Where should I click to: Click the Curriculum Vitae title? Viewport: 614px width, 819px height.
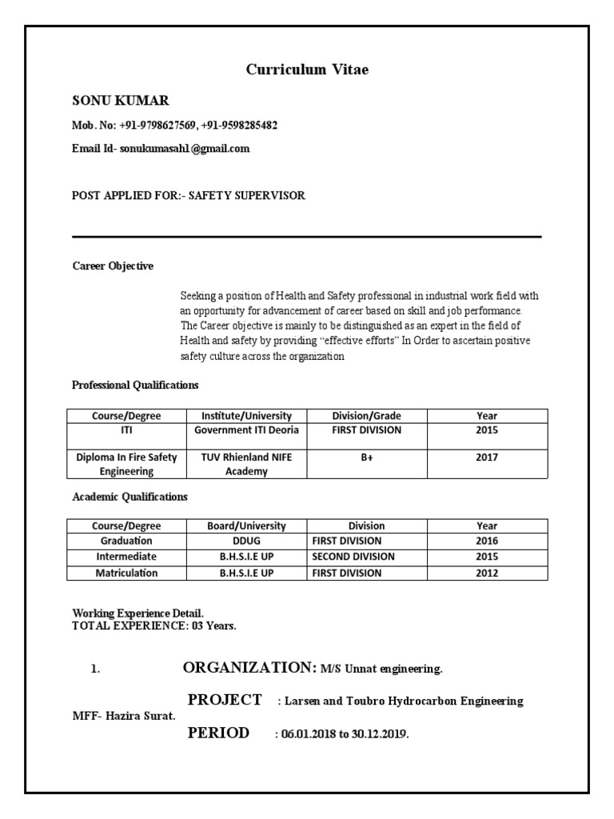307,70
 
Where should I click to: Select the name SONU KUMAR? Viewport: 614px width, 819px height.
121,101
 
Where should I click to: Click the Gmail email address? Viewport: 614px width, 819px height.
185,149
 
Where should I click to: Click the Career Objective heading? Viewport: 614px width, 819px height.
113,266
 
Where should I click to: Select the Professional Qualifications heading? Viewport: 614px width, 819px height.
135,386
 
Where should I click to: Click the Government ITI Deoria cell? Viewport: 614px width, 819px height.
246,430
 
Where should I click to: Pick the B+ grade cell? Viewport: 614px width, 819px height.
367,457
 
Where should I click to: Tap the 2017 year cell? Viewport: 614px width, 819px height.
487,457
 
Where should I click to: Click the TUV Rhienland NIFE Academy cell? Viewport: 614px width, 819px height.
246,465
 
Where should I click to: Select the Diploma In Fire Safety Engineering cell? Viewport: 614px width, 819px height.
126,465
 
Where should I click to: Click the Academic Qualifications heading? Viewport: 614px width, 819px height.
130,497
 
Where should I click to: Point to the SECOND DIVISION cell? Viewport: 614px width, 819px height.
353,557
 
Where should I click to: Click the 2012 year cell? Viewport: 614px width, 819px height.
487,573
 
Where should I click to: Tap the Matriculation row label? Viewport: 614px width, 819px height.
126,573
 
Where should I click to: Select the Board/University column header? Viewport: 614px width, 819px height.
246,526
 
